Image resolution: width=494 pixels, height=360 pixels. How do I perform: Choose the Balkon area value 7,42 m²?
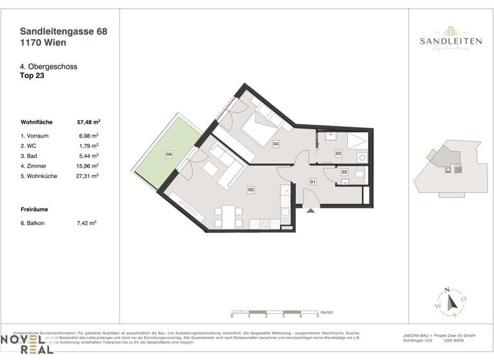(87, 223)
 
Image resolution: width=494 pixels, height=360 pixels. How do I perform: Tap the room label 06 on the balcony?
(169, 155)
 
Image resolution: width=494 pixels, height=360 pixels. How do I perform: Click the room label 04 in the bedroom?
(275, 143)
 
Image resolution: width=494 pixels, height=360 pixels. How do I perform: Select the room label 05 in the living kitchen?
(251, 190)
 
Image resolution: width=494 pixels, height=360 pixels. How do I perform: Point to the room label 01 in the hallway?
(313, 182)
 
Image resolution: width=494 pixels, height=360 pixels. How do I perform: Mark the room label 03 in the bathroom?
(338, 153)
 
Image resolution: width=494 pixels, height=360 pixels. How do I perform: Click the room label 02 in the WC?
(344, 172)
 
